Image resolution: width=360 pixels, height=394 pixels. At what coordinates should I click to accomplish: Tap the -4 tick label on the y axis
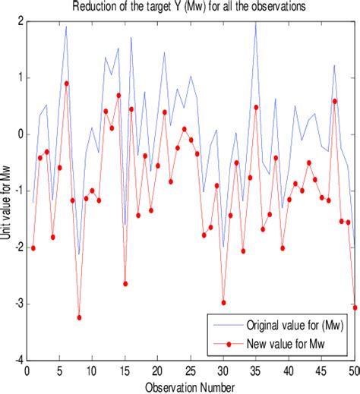pyautogui.click(x=15, y=360)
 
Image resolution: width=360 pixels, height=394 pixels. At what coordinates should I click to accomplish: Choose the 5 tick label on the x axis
pyautogui.click(x=59, y=370)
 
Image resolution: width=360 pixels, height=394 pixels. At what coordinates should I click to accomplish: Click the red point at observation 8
pyautogui.click(x=79, y=317)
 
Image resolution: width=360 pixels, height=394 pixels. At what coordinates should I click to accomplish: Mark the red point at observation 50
pyautogui.click(x=354, y=307)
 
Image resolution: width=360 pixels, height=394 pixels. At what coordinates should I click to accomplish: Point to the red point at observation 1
pyautogui.click(x=33, y=248)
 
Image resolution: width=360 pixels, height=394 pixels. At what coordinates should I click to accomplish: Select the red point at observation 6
pyautogui.click(x=66, y=84)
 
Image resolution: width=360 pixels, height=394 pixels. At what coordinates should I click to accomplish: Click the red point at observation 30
pyautogui.click(x=223, y=302)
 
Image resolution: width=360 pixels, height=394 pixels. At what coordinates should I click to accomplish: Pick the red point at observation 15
pyautogui.click(x=125, y=283)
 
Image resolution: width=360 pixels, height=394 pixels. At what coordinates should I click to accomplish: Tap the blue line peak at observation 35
pyautogui.click(x=256, y=22)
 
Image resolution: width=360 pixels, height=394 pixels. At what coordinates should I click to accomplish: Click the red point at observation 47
pyautogui.click(x=334, y=101)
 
